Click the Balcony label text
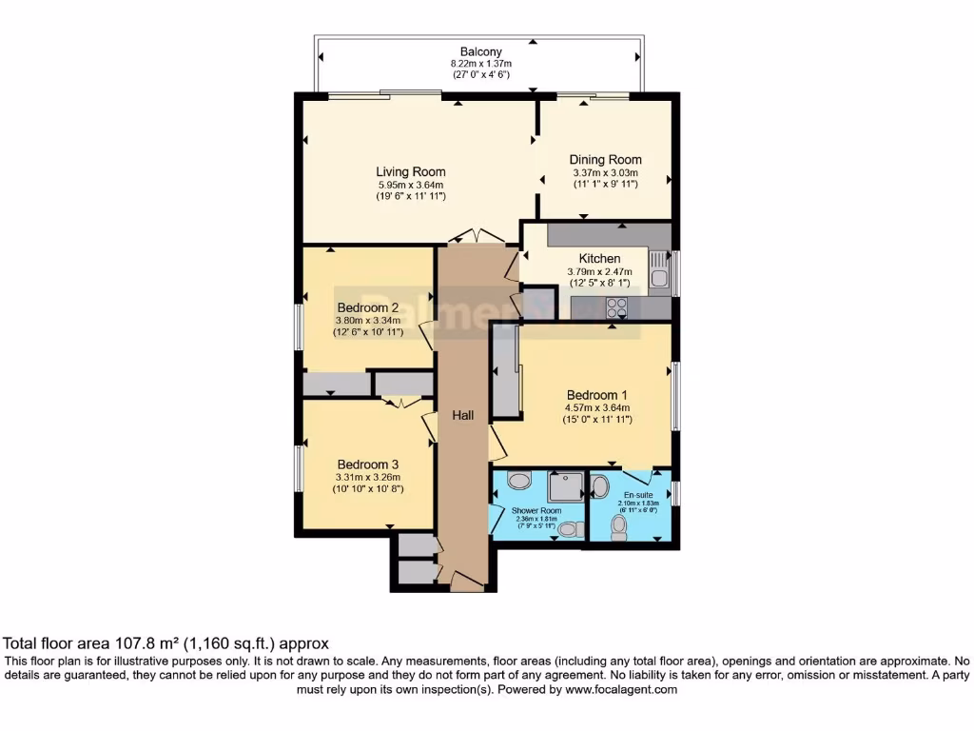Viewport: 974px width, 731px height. click(480, 51)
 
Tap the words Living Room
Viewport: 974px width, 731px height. click(410, 172)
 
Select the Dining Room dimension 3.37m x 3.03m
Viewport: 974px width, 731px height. click(605, 172)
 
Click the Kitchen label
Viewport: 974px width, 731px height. click(599, 258)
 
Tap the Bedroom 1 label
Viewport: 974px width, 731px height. click(597, 395)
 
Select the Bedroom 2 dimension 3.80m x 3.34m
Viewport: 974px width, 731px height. click(368, 321)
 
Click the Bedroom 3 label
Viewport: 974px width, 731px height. click(367, 464)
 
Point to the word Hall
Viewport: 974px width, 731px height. click(463, 415)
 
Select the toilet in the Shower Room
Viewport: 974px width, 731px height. click(569, 529)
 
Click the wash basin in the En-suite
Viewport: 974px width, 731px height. click(600, 486)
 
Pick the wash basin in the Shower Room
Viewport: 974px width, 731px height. click(520, 481)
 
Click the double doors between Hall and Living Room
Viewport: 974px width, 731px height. click(476, 237)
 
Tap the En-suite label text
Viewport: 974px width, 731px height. click(635, 495)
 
